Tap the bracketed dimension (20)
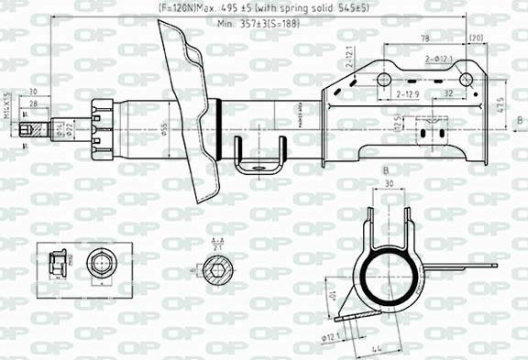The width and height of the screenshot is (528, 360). tap(476, 38)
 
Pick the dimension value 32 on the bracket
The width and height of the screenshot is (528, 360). tap(447, 94)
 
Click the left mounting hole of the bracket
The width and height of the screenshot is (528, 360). tap(383, 82)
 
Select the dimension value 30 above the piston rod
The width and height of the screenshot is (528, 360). tap(33, 92)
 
